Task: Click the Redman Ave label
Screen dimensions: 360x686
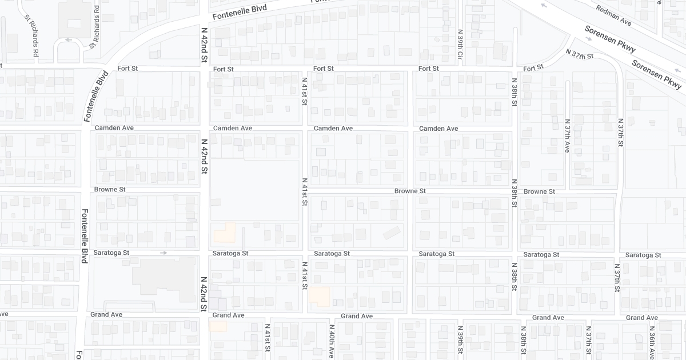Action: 613,15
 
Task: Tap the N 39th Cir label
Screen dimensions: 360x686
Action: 460,45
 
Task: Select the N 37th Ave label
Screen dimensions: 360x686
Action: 567,135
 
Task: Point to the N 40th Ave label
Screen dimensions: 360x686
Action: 331,341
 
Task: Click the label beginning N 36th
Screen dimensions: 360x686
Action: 651,342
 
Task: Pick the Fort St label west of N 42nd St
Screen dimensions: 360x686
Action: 127,69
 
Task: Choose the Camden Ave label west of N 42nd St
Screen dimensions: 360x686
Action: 114,128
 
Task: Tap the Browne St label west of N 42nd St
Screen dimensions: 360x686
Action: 110,190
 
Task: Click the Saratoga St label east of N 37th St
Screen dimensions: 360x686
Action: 643,255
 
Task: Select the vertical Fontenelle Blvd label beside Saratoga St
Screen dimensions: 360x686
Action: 84,235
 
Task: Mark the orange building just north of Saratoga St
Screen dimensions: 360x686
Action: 225,233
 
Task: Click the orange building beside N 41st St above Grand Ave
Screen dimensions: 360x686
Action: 320,297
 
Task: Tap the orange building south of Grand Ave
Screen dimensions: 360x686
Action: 218,326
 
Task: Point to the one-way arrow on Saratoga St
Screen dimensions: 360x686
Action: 163,253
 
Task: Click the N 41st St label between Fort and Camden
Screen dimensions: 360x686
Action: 305,91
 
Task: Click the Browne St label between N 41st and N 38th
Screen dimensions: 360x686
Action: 410,191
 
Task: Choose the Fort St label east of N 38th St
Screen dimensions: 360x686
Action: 533,68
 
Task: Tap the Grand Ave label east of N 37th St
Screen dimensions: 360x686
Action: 643,318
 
